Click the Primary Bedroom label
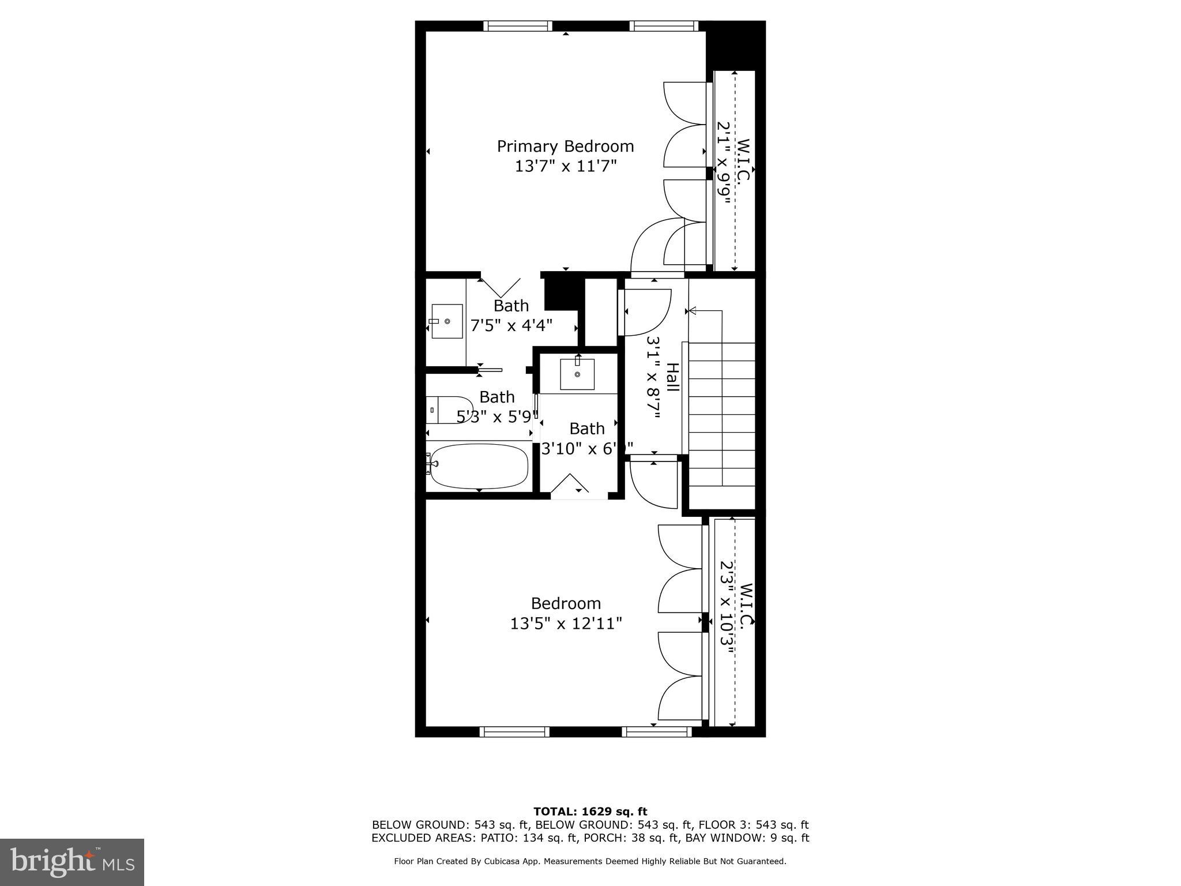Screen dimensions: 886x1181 pyautogui.click(x=565, y=147)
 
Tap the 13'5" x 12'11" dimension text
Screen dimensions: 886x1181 pyautogui.click(x=566, y=624)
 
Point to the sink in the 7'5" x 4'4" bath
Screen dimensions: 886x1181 pyautogui.click(x=447, y=321)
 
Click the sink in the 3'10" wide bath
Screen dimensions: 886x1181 pyautogui.click(x=577, y=374)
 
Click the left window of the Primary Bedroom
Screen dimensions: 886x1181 pyautogui.click(x=517, y=26)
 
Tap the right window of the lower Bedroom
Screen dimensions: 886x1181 pyautogui.click(x=656, y=732)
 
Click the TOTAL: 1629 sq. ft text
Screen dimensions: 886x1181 pyautogui.click(x=590, y=812)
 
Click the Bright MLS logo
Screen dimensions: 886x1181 pyautogui.click(x=72, y=862)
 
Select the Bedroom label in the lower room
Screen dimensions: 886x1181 pyautogui.click(x=566, y=603)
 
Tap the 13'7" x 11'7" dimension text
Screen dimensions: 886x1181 pyautogui.click(x=566, y=167)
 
